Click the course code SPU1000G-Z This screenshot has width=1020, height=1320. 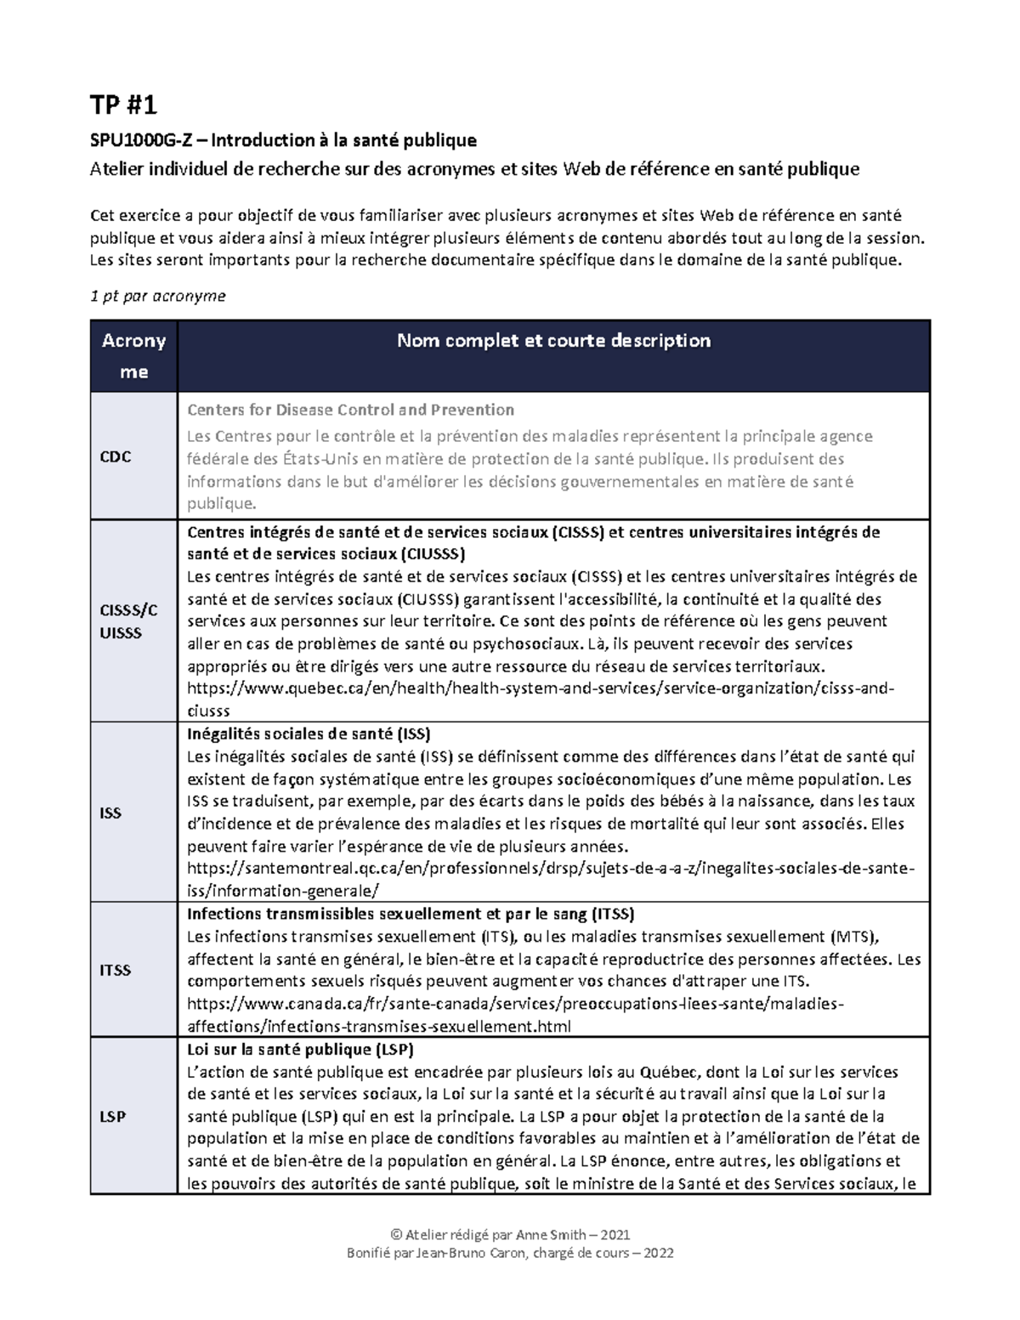[x=141, y=140]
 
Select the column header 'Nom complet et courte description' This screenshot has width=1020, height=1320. [x=553, y=341]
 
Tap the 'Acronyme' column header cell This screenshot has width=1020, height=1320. [x=133, y=356]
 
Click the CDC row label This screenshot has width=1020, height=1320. [x=116, y=456]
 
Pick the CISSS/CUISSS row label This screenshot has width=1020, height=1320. [x=128, y=621]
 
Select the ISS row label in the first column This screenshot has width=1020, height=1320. [x=110, y=813]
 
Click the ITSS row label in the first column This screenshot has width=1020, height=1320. [x=116, y=970]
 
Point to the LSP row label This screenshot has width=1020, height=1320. [x=112, y=1116]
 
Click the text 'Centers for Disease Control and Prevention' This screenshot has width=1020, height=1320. [x=350, y=410]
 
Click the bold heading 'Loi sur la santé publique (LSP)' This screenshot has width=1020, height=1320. [x=300, y=1049]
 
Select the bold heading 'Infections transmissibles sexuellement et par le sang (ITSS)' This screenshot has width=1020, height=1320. [x=411, y=915]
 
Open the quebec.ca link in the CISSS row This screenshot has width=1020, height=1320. [x=540, y=688]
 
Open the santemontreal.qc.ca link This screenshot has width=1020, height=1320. [x=551, y=869]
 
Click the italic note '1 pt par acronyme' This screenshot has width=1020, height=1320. [x=158, y=296]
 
